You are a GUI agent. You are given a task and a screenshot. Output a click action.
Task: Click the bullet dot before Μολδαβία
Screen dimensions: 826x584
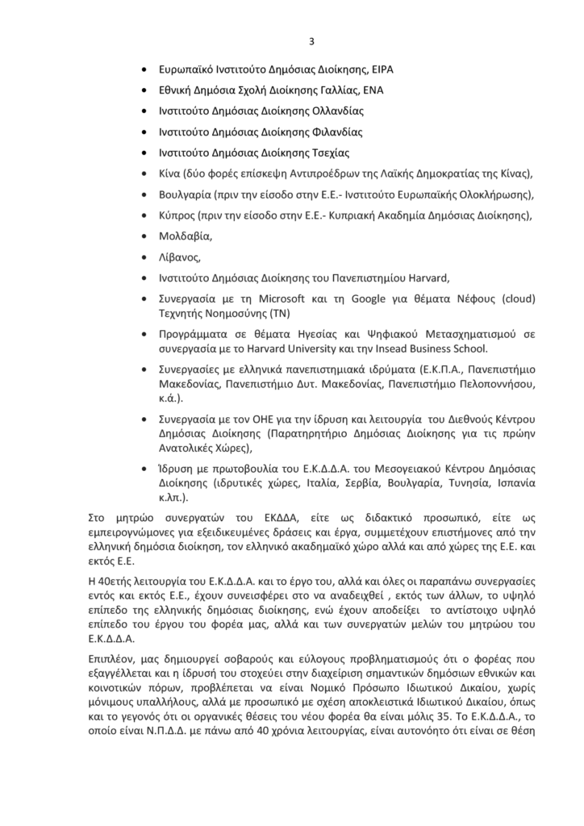144,236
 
